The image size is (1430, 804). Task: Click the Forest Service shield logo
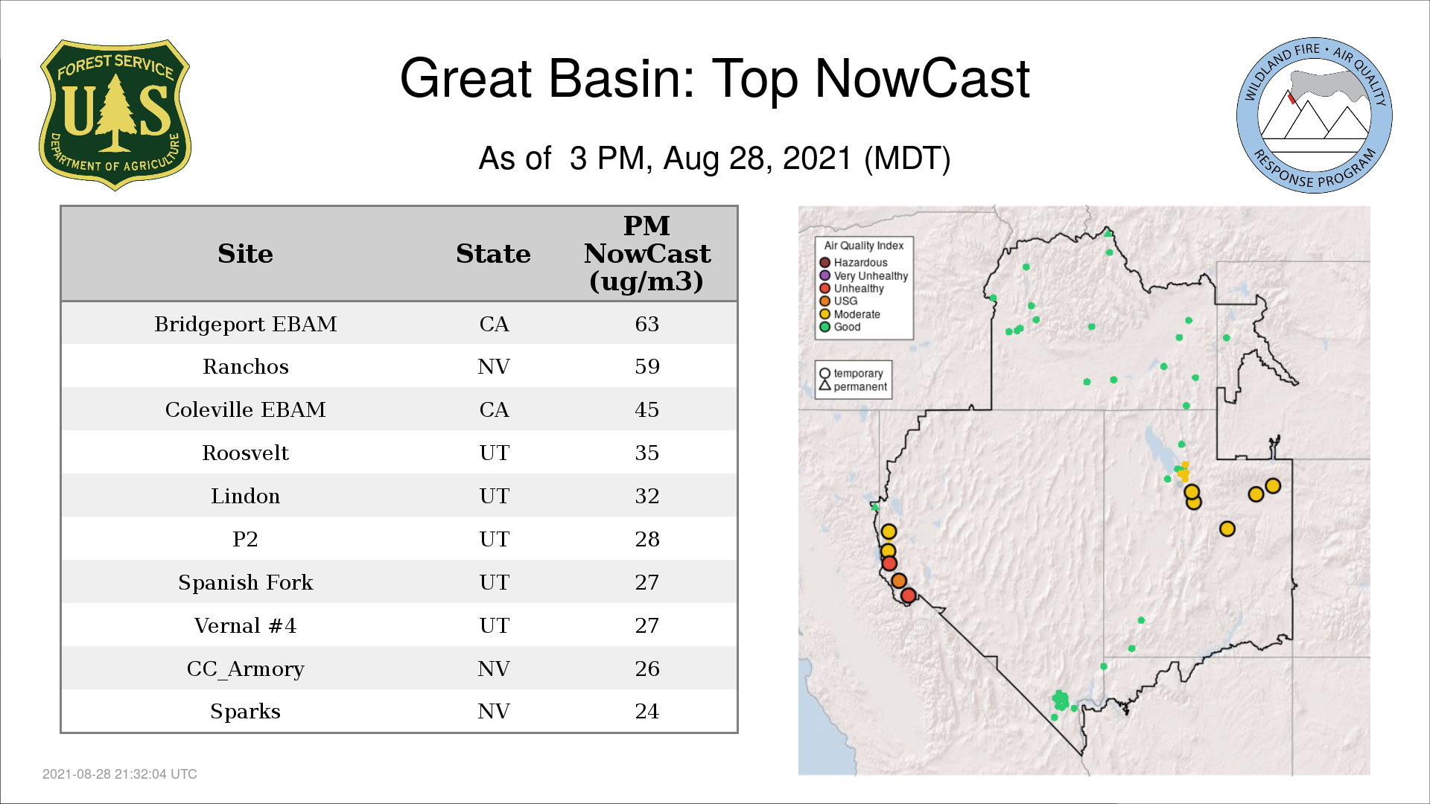(x=115, y=115)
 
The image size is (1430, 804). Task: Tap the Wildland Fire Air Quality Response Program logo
(x=1314, y=115)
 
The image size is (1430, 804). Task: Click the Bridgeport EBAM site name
(x=246, y=325)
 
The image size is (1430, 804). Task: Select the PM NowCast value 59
(x=647, y=367)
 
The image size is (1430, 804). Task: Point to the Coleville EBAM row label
(x=246, y=410)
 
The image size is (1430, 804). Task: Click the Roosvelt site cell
(x=246, y=453)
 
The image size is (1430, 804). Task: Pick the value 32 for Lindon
(x=647, y=497)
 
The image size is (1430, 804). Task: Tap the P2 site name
(x=246, y=540)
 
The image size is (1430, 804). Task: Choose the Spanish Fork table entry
(x=246, y=583)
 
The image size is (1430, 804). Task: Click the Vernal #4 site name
(x=246, y=626)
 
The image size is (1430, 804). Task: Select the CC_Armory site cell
(x=246, y=669)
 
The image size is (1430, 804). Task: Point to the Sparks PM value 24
(x=647, y=712)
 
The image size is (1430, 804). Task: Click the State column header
(x=494, y=254)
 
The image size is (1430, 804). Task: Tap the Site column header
(x=246, y=254)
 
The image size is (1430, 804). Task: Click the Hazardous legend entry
(x=854, y=263)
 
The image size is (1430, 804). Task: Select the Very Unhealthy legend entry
(x=864, y=276)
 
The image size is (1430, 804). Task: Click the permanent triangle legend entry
(x=854, y=386)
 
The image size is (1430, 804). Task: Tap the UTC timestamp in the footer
(x=120, y=774)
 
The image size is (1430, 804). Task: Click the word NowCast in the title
(x=923, y=79)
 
